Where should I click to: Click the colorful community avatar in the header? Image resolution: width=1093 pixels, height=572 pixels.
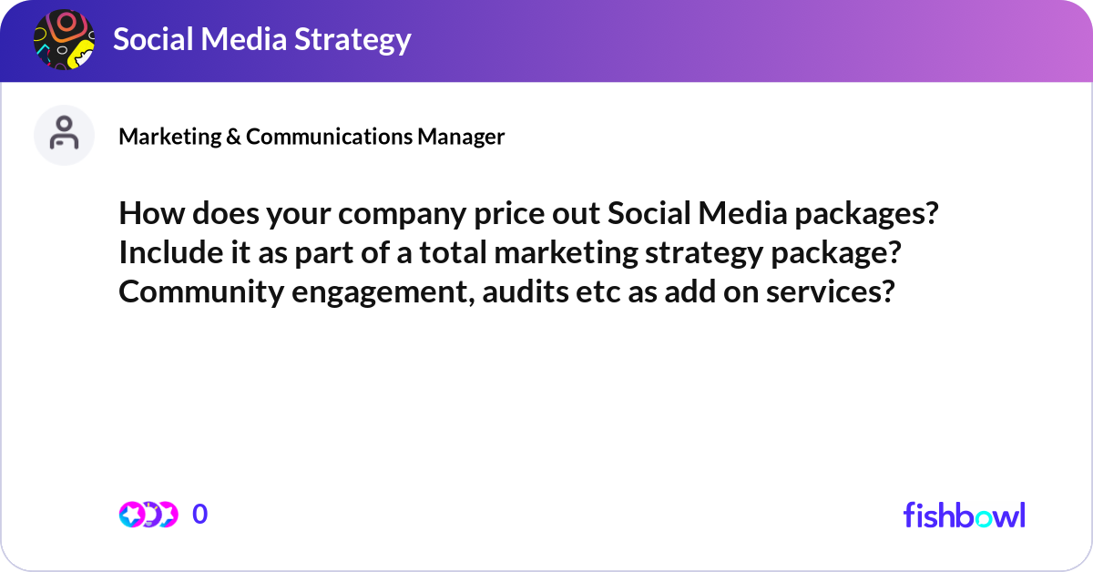(64, 40)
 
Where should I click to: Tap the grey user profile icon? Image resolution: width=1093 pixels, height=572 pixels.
(64, 135)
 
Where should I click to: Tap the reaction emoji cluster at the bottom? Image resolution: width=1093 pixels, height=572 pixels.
(148, 515)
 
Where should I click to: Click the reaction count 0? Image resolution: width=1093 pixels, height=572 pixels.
(200, 515)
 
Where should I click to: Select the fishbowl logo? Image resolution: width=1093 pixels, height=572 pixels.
(964, 515)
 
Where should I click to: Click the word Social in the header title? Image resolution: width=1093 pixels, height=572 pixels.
(150, 40)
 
